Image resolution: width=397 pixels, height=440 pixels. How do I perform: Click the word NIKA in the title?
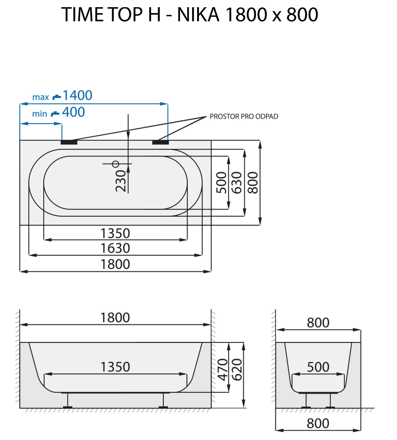[x=198, y=15]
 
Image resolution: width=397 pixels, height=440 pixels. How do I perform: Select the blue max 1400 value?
[x=77, y=95]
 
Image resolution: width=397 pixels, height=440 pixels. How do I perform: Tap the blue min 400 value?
[x=73, y=112]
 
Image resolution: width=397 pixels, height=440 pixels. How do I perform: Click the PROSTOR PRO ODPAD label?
[x=244, y=116]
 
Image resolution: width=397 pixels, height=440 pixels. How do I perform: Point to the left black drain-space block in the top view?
[x=69, y=142]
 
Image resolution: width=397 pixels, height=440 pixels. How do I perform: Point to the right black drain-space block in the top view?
[x=160, y=142]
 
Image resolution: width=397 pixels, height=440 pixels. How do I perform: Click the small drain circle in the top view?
[x=115, y=164]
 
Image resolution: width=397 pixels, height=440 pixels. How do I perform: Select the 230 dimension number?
[x=120, y=180]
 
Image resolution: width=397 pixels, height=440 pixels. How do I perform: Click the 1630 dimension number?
[x=115, y=248]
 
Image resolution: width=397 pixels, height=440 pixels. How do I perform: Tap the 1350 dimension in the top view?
[x=115, y=233]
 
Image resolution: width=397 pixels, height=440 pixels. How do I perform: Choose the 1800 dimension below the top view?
[x=115, y=264]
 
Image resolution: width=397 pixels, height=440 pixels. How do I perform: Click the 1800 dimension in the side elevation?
[x=115, y=317]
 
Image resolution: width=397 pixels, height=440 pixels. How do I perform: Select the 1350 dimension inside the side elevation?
[x=115, y=367]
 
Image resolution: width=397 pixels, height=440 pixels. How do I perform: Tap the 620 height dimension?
[x=237, y=369]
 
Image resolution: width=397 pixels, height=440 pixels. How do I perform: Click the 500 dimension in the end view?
[x=318, y=367]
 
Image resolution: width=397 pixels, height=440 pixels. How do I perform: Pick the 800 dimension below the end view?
[x=318, y=423]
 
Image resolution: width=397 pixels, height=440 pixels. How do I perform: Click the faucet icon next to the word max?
[x=56, y=97]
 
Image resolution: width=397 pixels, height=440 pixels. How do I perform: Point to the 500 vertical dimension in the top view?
[x=221, y=182]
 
